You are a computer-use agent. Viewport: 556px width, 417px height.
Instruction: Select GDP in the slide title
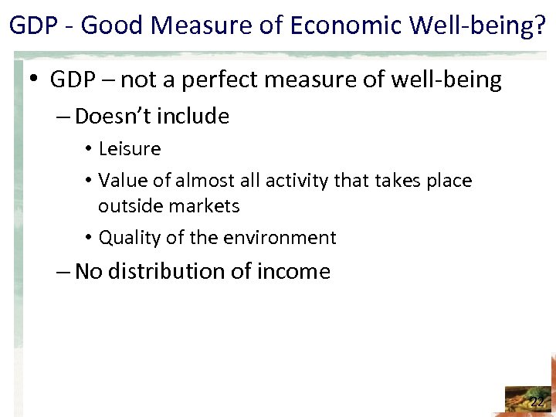(32, 25)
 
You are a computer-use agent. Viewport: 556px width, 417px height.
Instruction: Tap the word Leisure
(130, 148)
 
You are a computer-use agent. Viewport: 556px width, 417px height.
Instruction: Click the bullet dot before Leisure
(90, 149)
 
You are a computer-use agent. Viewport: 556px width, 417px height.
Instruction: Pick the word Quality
(129, 238)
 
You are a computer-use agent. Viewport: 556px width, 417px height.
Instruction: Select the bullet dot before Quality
(90, 238)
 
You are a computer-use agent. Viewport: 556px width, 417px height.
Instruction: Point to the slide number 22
(537, 402)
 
